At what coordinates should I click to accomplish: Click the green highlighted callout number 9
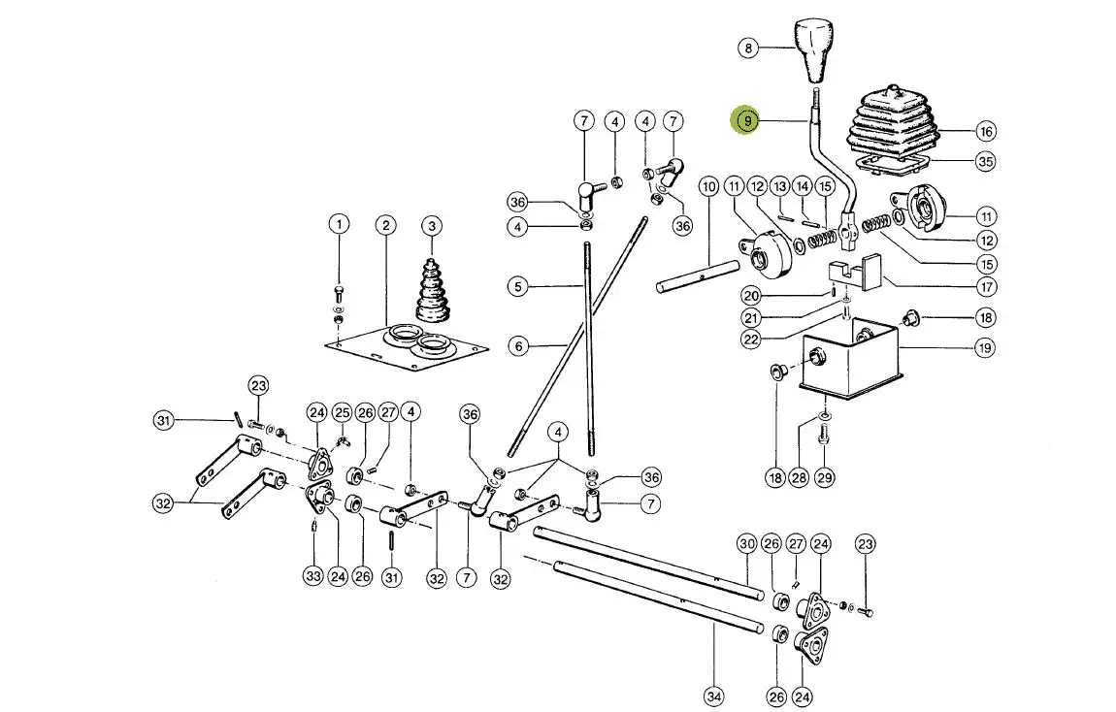(746, 121)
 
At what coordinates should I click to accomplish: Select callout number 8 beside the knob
(746, 47)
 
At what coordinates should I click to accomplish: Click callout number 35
(986, 161)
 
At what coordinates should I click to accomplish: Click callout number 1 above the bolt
(339, 225)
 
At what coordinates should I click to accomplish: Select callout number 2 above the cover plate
(386, 225)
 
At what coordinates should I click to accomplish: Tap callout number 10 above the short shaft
(708, 184)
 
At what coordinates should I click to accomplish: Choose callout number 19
(985, 347)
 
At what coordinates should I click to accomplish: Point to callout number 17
(986, 286)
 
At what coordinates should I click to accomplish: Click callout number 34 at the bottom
(713, 696)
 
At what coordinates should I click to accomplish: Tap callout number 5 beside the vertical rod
(518, 286)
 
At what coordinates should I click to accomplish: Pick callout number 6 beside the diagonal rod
(518, 345)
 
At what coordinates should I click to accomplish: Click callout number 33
(312, 576)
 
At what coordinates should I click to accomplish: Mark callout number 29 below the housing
(824, 477)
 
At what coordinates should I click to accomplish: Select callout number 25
(342, 413)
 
